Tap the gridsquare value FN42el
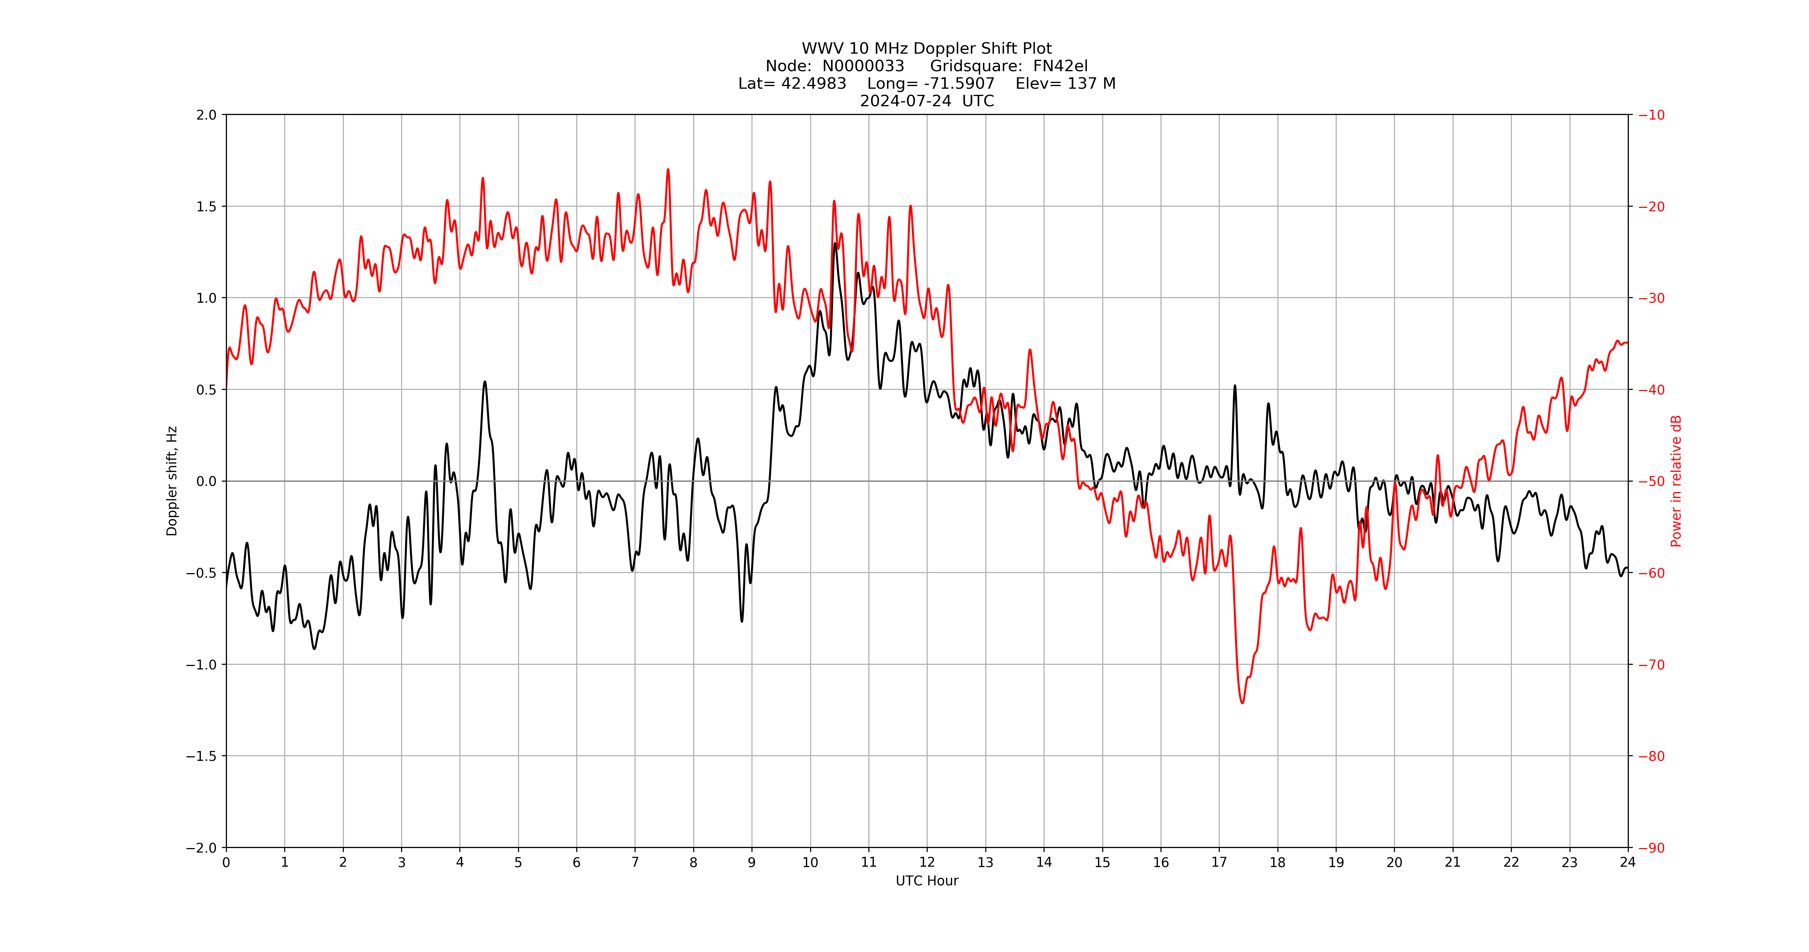[1060, 66]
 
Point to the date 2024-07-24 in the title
[906, 101]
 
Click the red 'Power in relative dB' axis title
[1676, 481]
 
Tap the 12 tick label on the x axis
[927, 862]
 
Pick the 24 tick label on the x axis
[1628, 862]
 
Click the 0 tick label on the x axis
[226, 862]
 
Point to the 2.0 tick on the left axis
[206, 115]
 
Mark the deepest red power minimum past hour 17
[1242, 702]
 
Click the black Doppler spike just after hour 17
[1235, 386]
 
